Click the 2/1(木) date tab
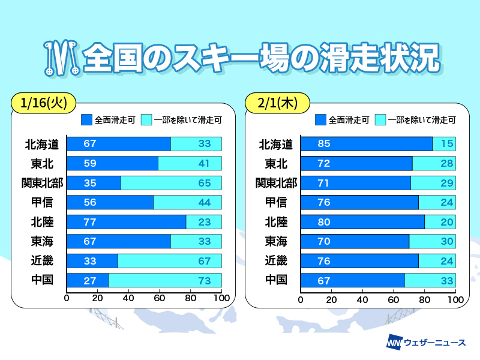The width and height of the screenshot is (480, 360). coord(276,102)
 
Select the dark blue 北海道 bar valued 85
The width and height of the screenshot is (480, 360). coord(366,144)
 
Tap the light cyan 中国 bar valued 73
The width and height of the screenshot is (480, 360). coord(165,280)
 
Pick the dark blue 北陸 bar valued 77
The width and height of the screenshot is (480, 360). coord(126,222)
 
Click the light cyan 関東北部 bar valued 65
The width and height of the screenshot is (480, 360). coord(171,183)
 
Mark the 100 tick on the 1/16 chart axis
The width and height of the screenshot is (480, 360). coord(221,298)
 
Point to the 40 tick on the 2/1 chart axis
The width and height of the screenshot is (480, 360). coord(362,298)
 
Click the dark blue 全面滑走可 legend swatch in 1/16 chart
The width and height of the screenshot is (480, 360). coord(86,120)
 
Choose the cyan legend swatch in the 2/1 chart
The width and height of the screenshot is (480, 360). coord(380,120)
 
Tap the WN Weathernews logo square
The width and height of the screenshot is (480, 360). coord(394,342)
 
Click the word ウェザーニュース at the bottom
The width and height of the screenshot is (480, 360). coord(434,342)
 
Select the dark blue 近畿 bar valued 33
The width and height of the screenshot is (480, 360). coord(92,260)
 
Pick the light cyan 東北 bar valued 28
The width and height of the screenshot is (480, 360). coord(434,163)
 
